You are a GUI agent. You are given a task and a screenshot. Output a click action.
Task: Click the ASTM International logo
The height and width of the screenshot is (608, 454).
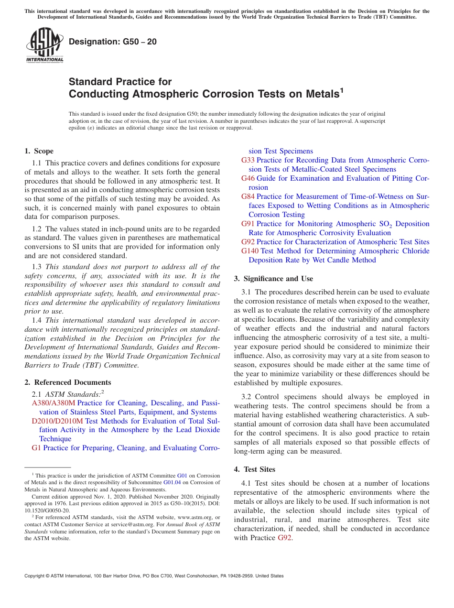click(44, 45)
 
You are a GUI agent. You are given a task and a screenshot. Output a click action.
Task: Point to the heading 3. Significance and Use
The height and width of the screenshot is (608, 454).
click(273, 279)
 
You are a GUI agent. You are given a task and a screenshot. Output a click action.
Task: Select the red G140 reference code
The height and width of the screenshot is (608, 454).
click(250, 251)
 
